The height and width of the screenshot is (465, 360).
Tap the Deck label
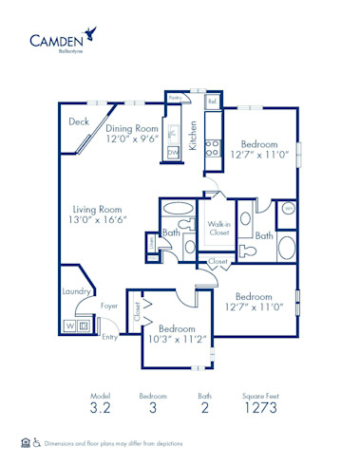(x=80, y=121)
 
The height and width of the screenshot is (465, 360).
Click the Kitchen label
(x=193, y=135)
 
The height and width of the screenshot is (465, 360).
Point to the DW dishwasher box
(x=173, y=152)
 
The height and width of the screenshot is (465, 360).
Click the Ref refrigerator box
(x=213, y=101)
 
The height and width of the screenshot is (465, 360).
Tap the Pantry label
(x=175, y=98)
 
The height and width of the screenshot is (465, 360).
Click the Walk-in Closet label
(x=219, y=228)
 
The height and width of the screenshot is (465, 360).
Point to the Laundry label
(x=76, y=292)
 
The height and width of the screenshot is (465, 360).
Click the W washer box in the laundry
(x=69, y=325)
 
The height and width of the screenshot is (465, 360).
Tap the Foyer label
(x=109, y=307)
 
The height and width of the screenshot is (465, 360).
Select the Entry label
(x=110, y=336)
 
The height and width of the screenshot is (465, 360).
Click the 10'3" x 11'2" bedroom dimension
(x=177, y=336)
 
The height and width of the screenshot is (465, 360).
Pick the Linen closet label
(x=153, y=244)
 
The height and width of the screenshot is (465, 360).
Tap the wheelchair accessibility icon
(x=37, y=442)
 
